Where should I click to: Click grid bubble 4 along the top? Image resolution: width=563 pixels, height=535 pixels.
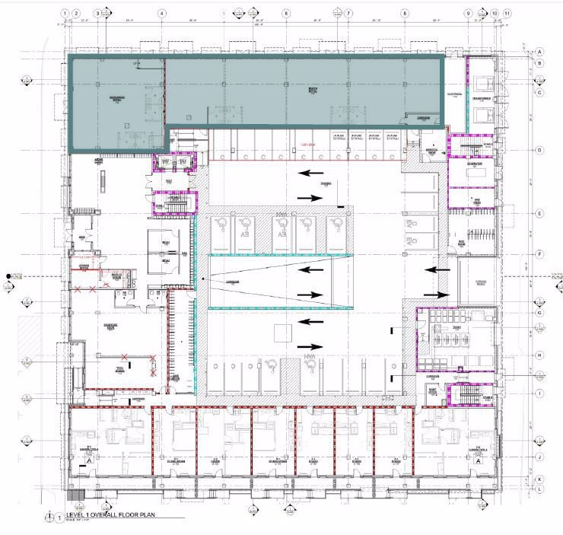pyautogui.click(x=162, y=14)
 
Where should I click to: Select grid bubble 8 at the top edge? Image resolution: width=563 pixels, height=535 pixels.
pyautogui.click(x=405, y=14)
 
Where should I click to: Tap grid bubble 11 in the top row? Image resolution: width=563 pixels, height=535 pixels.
pyautogui.click(x=507, y=14)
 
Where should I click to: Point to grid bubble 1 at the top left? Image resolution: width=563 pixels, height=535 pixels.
pyautogui.click(x=67, y=14)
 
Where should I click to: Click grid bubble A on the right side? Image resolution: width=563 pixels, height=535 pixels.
pyautogui.click(x=539, y=51)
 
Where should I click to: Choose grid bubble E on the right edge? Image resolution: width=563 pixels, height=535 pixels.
pyautogui.click(x=539, y=214)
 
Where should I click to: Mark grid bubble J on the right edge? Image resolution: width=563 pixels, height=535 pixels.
pyautogui.click(x=539, y=457)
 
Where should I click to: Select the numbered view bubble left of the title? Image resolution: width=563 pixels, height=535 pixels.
pyautogui.click(x=59, y=517)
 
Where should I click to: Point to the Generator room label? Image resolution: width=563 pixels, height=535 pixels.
pyautogui.click(x=474, y=163)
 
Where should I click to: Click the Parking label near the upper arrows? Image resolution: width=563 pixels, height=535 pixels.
pyautogui.click(x=326, y=184)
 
